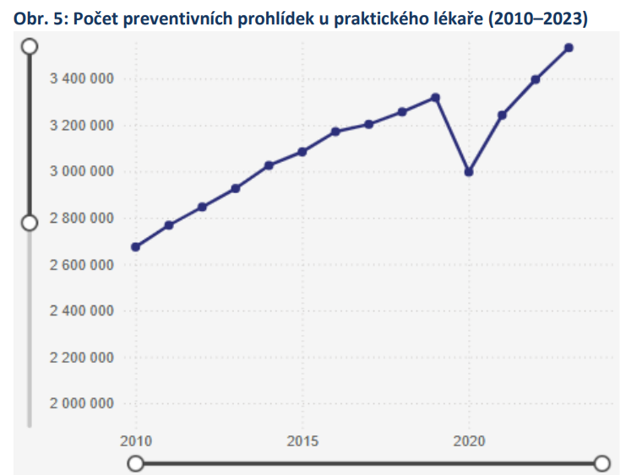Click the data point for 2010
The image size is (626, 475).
click(x=135, y=247)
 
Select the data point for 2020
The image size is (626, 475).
click(x=469, y=172)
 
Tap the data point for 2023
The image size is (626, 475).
click(x=569, y=48)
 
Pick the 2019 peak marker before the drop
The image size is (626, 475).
click(x=435, y=97)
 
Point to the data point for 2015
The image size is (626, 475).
click(x=302, y=152)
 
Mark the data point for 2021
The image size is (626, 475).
click(x=502, y=115)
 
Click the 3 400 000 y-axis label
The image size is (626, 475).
click(x=81, y=79)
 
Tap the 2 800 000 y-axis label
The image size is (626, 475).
click(x=81, y=219)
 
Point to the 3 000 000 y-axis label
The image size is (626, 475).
click(x=81, y=172)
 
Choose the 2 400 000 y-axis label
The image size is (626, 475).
click(x=81, y=311)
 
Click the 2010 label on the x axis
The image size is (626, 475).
click(x=135, y=441)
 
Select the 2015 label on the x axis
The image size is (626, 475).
click(x=302, y=441)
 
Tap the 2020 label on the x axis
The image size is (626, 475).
click(x=469, y=441)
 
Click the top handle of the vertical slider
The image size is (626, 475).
click(x=30, y=46)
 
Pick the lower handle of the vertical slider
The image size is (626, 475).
click(x=30, y=222)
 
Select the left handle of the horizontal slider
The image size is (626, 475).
click(x=135, y=463)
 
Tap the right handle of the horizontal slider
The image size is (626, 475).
click(x=602, y=463)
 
